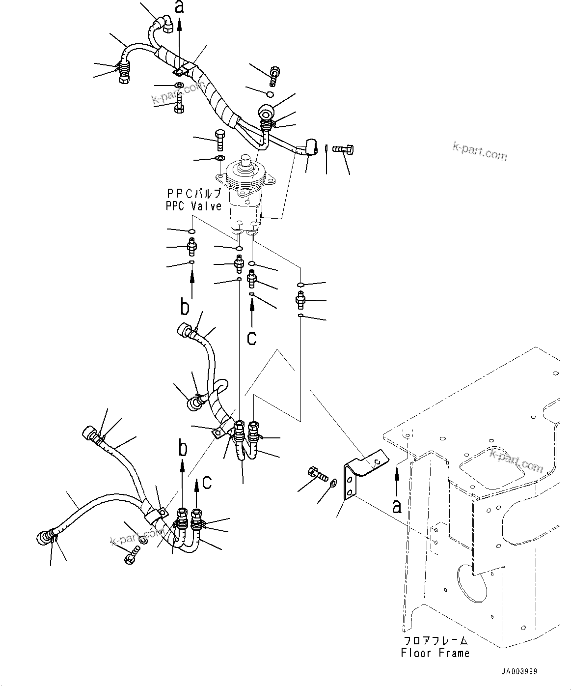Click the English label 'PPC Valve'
point(193,206)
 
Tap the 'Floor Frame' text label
point(435,653)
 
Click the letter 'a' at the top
point(180,7)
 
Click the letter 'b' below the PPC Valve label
point(185,308)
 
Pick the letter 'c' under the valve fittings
point(252,338)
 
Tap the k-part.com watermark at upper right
point(479,151)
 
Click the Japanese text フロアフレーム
point(435,641)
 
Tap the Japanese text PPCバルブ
point(193,194)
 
